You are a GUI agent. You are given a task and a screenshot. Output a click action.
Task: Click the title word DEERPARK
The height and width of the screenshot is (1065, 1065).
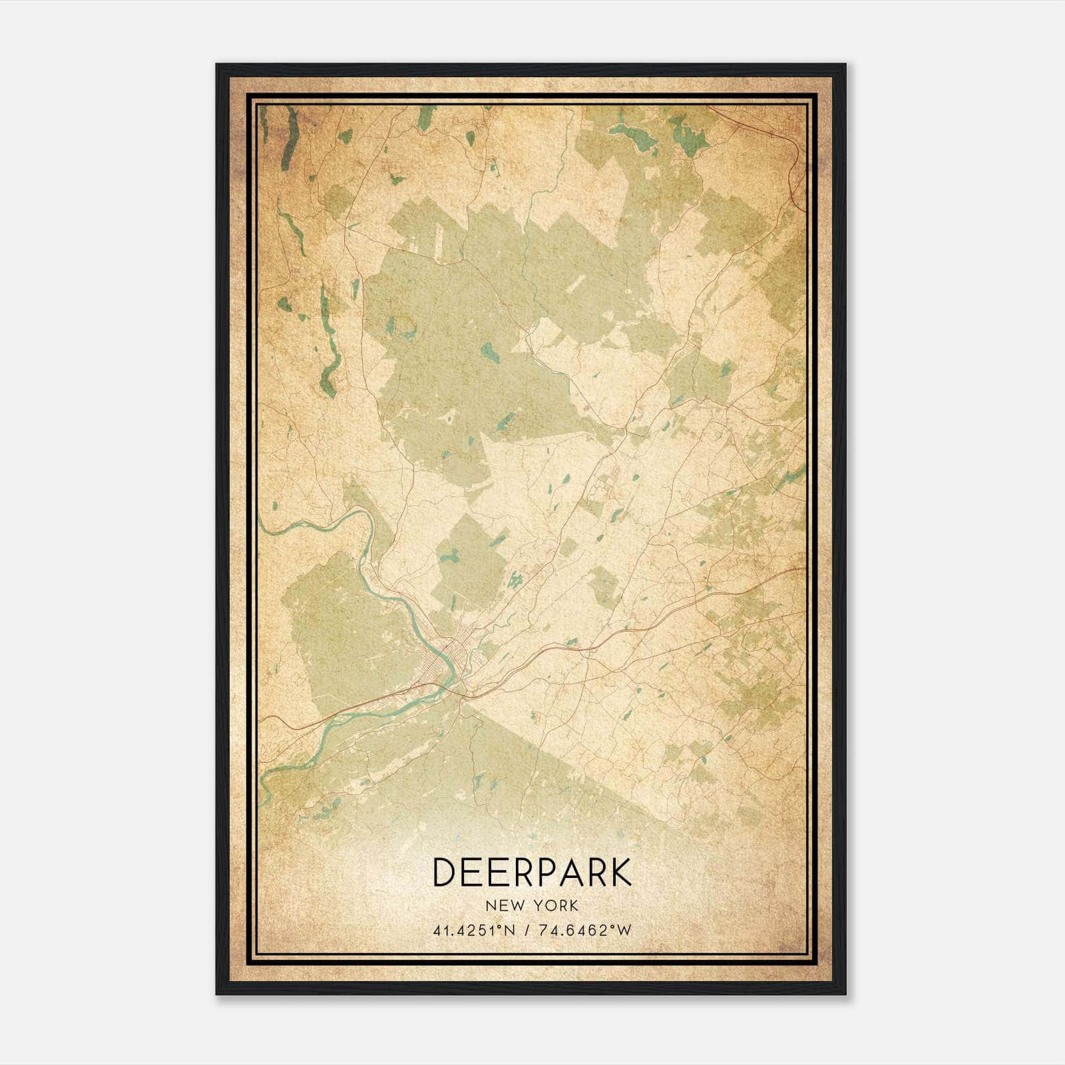pos(532,872)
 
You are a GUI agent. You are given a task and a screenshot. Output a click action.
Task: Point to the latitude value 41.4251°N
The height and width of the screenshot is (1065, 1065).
pos(474,931)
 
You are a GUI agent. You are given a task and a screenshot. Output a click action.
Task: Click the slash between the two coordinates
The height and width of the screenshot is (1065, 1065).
pos(527,931)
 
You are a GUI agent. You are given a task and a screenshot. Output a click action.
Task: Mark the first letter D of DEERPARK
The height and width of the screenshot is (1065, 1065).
pos(444,872)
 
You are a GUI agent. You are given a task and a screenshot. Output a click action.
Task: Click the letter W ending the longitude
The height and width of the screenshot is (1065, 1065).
pos(624,931)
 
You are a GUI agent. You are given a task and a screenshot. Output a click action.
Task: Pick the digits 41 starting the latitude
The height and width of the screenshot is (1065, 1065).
pos(440,931)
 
